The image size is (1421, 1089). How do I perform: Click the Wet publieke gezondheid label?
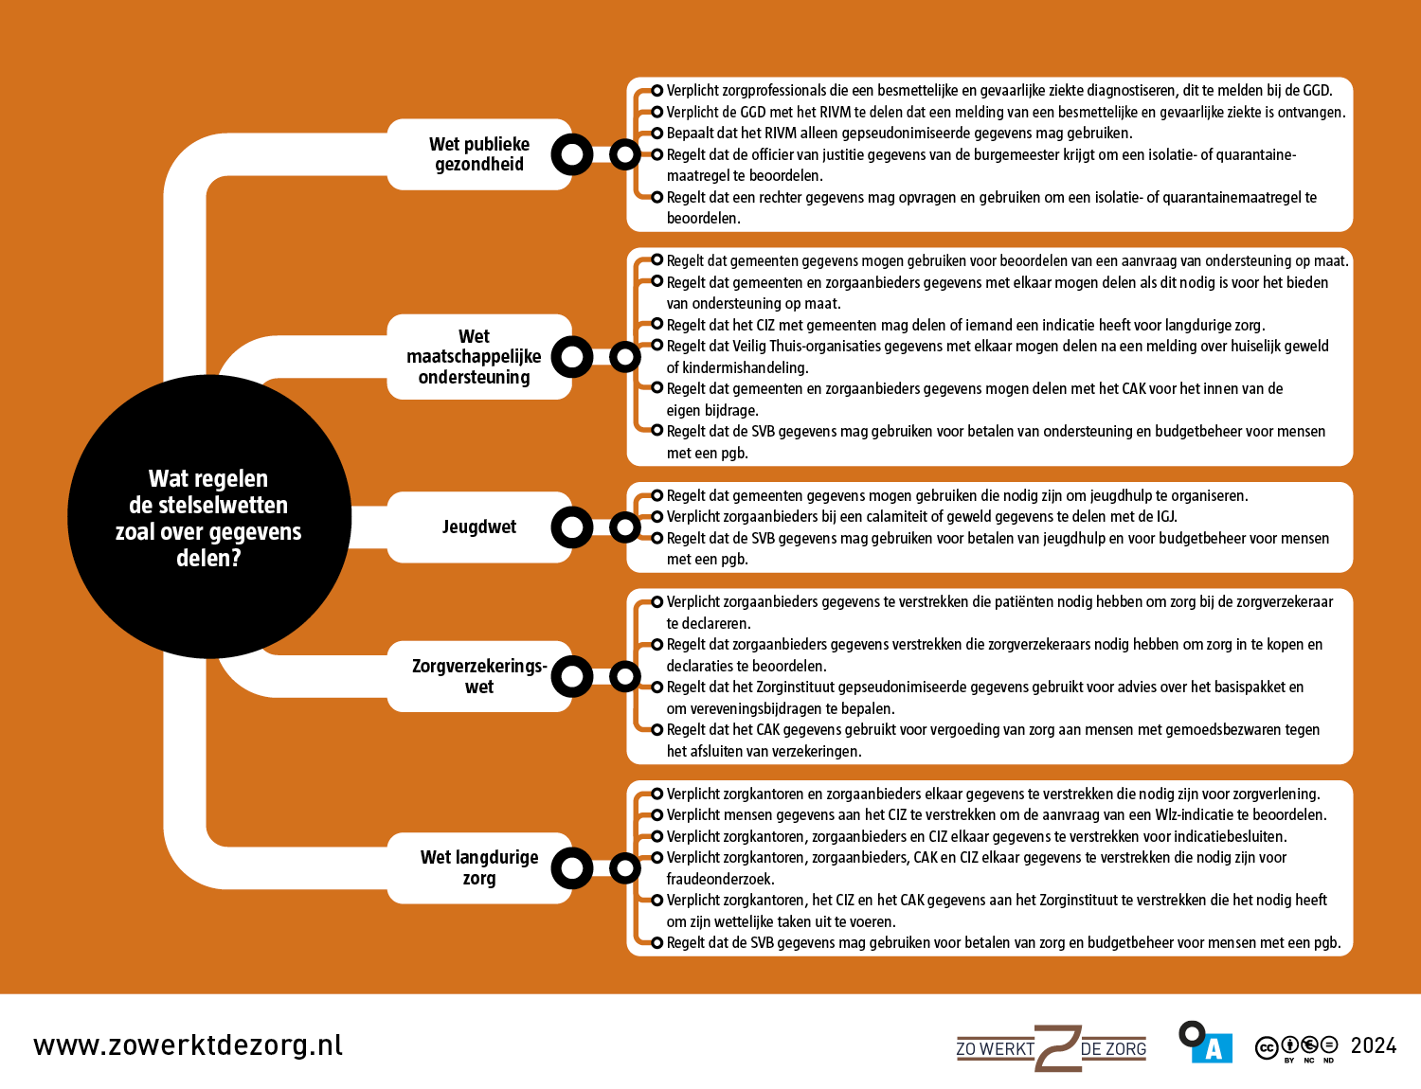click(x=478, y=154)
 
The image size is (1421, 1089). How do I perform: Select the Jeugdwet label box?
click(x=478, y=527)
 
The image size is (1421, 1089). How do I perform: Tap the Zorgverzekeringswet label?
click(x=478, y=676)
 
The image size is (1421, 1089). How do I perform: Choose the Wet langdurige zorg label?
click(x=478, y=867)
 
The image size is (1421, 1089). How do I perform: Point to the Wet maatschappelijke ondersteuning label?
click(x=474, y=357)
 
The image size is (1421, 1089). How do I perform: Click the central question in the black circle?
click(x=208, y=518)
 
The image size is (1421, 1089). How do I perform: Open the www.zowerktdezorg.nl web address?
click(x=188, y=1045)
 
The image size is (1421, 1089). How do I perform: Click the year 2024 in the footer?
click(x=1373, y=1045)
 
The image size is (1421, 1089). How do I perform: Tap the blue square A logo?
click(x=1212, y=1048)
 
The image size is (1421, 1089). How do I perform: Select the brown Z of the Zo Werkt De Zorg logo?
click(x=1057, y=1048)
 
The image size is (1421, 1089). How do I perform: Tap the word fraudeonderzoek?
click(x=720, y=880)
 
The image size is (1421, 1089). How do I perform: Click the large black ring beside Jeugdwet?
click(x=572, y=527)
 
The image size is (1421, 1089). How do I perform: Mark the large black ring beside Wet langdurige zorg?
click(x=572, y=868)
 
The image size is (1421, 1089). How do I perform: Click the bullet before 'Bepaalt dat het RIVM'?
click(x=657, y=134)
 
